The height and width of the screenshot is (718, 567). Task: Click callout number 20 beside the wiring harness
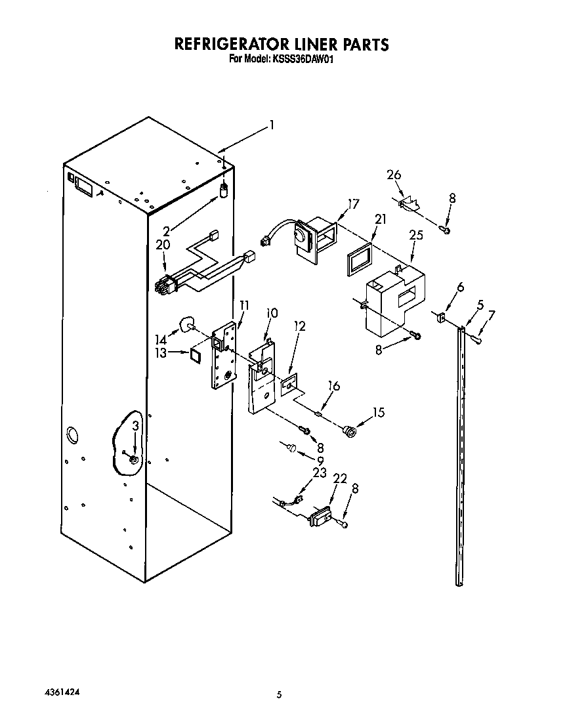163,245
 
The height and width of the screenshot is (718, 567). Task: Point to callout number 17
353,204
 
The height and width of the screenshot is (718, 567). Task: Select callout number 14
161,339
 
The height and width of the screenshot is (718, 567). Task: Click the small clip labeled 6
440,318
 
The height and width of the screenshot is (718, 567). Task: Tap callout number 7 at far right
492,315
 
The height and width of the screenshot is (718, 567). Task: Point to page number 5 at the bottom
279,695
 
